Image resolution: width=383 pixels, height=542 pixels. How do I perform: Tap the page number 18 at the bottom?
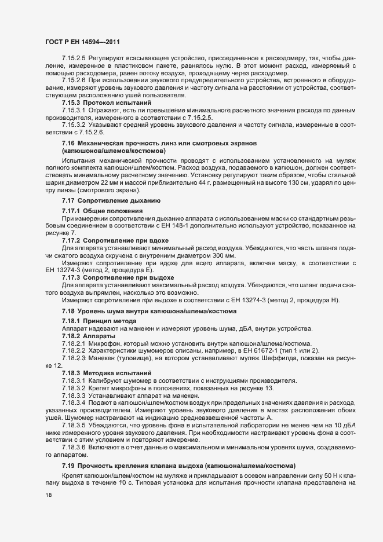[x=49, y=496]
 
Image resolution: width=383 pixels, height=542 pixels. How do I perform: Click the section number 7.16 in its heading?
[x=68, y=142]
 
